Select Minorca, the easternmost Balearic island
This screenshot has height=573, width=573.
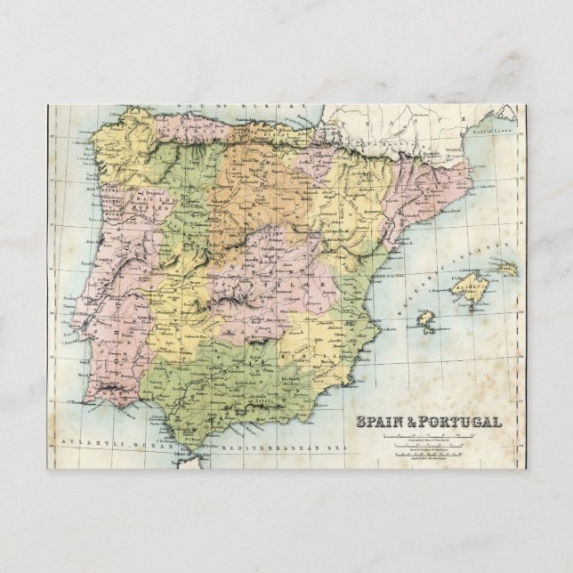coord(506,268)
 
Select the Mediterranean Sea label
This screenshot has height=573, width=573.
coord(267,442)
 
